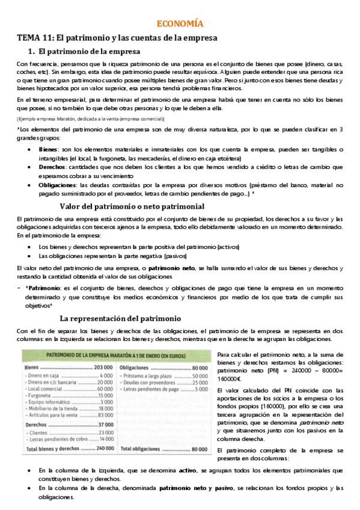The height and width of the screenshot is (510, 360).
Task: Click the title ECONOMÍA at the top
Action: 180,24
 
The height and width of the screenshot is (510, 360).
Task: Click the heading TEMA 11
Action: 117,38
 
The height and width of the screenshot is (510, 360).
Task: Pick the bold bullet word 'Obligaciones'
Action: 58,186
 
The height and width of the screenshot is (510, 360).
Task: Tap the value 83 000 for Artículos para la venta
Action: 105,415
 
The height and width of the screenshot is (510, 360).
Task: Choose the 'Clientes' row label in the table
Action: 38,432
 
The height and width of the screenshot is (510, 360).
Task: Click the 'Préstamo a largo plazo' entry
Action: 150,375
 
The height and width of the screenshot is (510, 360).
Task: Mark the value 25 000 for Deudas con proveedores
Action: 200,383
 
